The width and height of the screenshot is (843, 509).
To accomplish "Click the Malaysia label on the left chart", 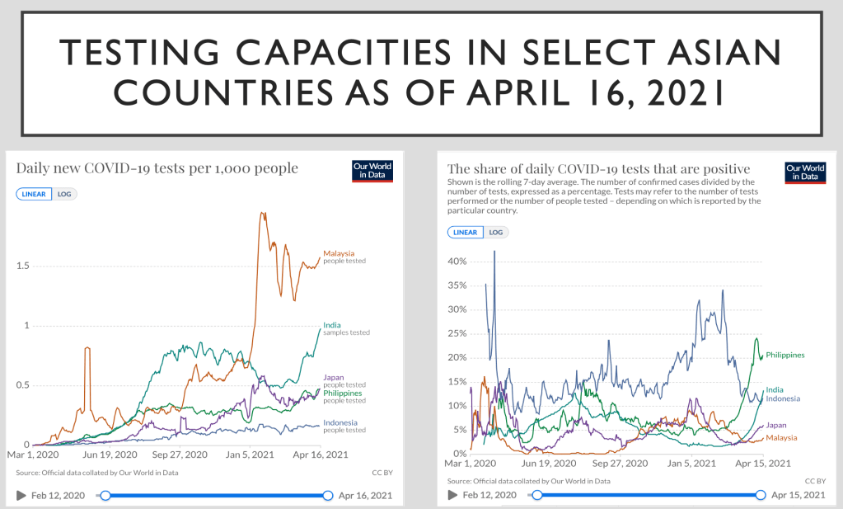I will coord(338,253).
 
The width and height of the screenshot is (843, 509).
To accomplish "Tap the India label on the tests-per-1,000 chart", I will coord(331,325).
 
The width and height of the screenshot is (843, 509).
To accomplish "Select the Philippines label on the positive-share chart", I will coord(784,355).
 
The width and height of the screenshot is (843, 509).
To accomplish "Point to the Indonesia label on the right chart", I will coord(782,398).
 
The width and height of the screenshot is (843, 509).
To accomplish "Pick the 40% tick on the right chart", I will coord(457,262).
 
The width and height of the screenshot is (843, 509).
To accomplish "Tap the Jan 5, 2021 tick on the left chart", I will coord(251,455).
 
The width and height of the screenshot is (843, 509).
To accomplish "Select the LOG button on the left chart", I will coord(64,194).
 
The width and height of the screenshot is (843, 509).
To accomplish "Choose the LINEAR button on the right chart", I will coord(466,232).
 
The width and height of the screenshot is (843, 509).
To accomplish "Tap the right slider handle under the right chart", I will coord(761,495).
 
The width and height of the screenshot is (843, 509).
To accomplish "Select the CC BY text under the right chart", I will coord(814,481).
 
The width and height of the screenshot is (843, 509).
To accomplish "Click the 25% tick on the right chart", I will coord(457,333).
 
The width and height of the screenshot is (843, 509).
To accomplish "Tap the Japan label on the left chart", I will coord(334,377).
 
